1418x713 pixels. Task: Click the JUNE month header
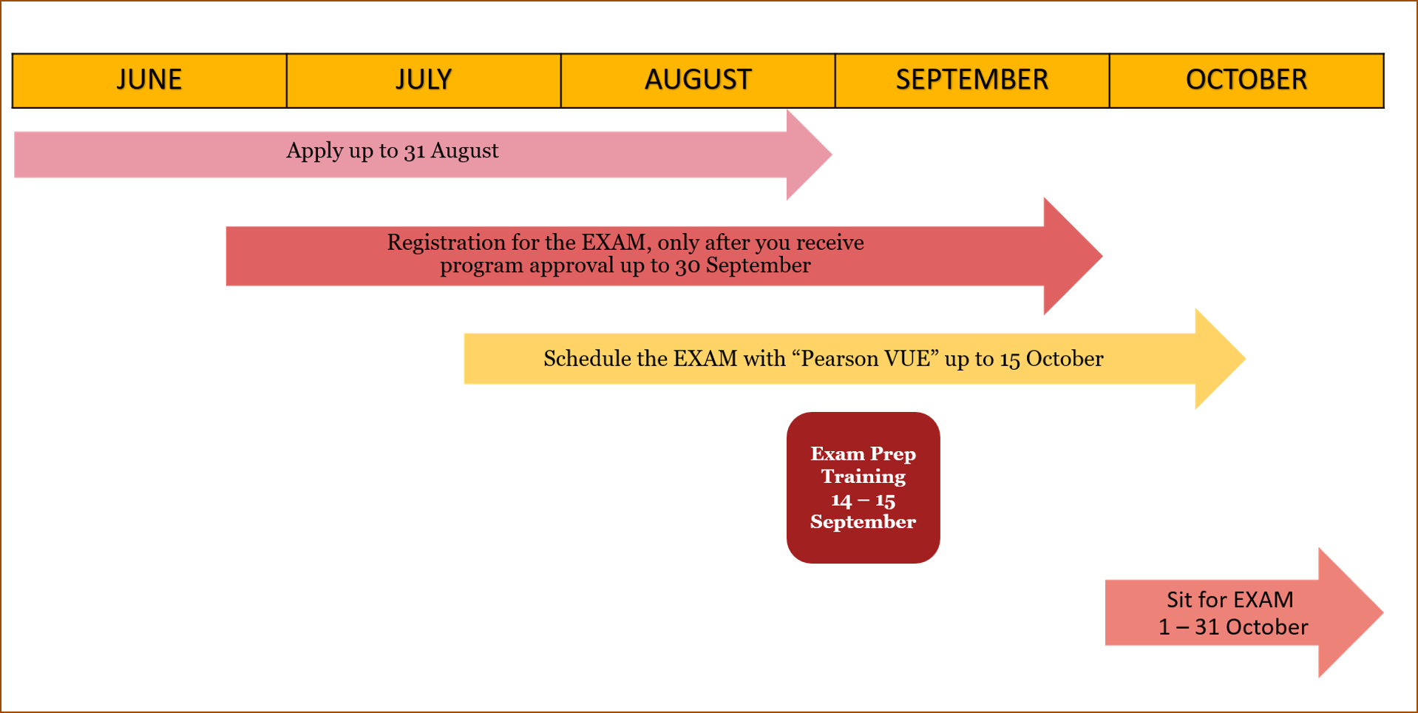pyautogui.click(x=149, y=81)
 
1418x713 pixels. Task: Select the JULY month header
pyautogui.click(x=424, y=81)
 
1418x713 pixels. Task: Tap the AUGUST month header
pyautogui.click(x=698, y=81)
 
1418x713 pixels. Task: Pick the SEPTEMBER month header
pyautogui.click(x=972, y=81)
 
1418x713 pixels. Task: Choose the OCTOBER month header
pyautogui.click(x=1246, y=81)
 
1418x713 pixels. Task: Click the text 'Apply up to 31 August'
pyautogui.click(x=393, y=151)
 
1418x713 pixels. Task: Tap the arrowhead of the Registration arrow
pyautogui.click(x=1073, y=256)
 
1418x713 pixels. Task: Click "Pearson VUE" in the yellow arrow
pyautogui.click(x=866, y=359)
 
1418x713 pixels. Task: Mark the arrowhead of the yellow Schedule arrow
pyautogui.click(x=1220, y=359)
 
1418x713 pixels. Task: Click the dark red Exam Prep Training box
pyautogui.click(x=864, y=487)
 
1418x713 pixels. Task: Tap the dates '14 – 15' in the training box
pyautogui.click(x=863, y=501)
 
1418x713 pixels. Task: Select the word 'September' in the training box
pyautogui.click(x=863, y=522)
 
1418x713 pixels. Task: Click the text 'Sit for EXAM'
pyautogui.click(x=1230, y=599)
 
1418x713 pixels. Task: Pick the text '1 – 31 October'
pyautogui.click(x=1233, y=627)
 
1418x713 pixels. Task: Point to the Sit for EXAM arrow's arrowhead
pyautogui.click(x=1351, y=612)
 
